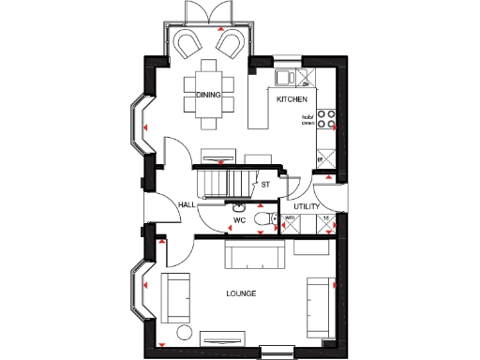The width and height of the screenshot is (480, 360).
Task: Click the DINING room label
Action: (x=208, y=94)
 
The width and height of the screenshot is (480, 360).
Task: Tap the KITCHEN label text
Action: (x=291, y=97)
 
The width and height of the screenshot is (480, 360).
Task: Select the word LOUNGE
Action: (x=241, y=293)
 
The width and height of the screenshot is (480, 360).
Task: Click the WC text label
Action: (x=239, y=221)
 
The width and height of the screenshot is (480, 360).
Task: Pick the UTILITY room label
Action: (x=307, y=205)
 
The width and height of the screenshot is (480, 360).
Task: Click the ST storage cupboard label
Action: (x=265, y=184)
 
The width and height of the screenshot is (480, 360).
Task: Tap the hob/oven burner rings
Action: (x=327, y=119)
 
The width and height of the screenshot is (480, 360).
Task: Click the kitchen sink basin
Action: (x=282, y=77)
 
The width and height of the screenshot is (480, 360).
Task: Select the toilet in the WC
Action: (x=266, y=219)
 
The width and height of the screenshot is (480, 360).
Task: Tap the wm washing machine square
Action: (x=291, y=219)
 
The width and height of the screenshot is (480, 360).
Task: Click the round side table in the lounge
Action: (x=184, y=334)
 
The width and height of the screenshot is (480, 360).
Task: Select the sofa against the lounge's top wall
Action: (x=255, y=254)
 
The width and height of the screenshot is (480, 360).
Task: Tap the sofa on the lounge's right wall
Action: (x=319, y=307)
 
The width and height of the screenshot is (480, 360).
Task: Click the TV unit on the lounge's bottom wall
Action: (x=224, y=339)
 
